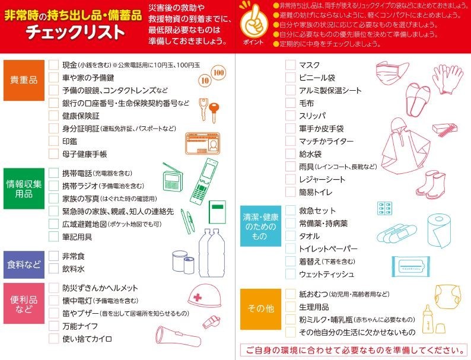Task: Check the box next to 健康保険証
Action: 53,116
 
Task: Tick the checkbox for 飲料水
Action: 53,269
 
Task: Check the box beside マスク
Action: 290,65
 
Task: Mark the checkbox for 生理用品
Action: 290,307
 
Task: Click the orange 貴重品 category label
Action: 24,80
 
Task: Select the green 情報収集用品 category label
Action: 24,189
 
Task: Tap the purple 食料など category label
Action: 24,265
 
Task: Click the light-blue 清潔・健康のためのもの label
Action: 260,226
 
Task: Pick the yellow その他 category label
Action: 260,309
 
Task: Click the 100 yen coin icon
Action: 219,72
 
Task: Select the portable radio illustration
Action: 172,179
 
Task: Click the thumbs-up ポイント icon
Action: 254,20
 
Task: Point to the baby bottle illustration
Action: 428,319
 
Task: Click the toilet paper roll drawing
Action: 439,230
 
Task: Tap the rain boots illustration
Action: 431,184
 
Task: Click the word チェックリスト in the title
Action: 75,32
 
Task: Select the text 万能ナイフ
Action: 80,326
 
